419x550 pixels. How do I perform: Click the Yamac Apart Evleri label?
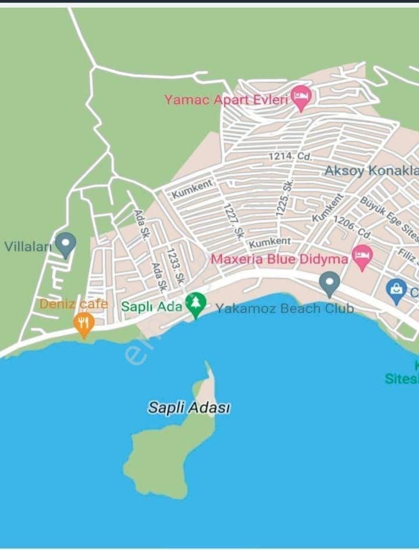[226, 100]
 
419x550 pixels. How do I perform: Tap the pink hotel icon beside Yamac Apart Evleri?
[301, 97]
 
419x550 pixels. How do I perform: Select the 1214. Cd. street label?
[290, 156]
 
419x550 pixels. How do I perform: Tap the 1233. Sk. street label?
[175, 267]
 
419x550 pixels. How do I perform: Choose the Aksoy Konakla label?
[371, 171]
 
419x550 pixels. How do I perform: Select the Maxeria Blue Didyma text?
[279, 259]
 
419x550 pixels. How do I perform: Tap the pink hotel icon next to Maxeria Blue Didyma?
[363, 256]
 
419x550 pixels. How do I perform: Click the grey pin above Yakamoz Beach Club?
[330, 284]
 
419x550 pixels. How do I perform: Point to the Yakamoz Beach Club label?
[285, 308]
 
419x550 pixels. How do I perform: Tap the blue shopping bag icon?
[396, 290]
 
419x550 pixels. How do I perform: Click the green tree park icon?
[196, 305]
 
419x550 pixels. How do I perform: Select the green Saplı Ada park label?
[151, 306]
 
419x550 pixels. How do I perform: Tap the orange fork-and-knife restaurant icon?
[84, 324]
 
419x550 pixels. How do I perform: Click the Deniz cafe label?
[73, 304]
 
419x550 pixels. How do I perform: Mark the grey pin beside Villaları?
[65, 244]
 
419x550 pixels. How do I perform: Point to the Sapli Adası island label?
[189, 408]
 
